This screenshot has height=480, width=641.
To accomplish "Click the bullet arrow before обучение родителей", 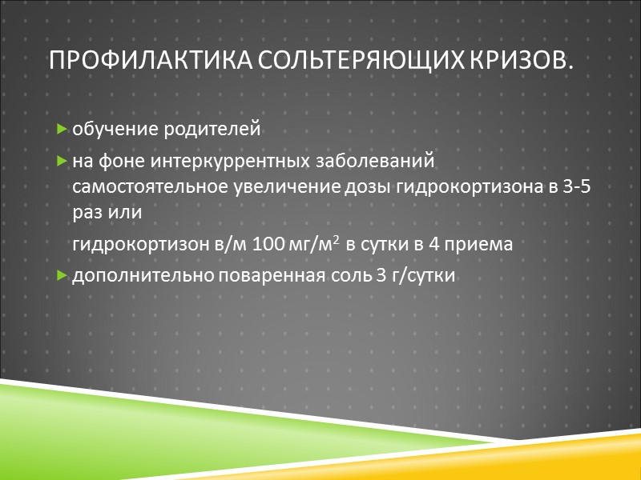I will pos(62,129).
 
